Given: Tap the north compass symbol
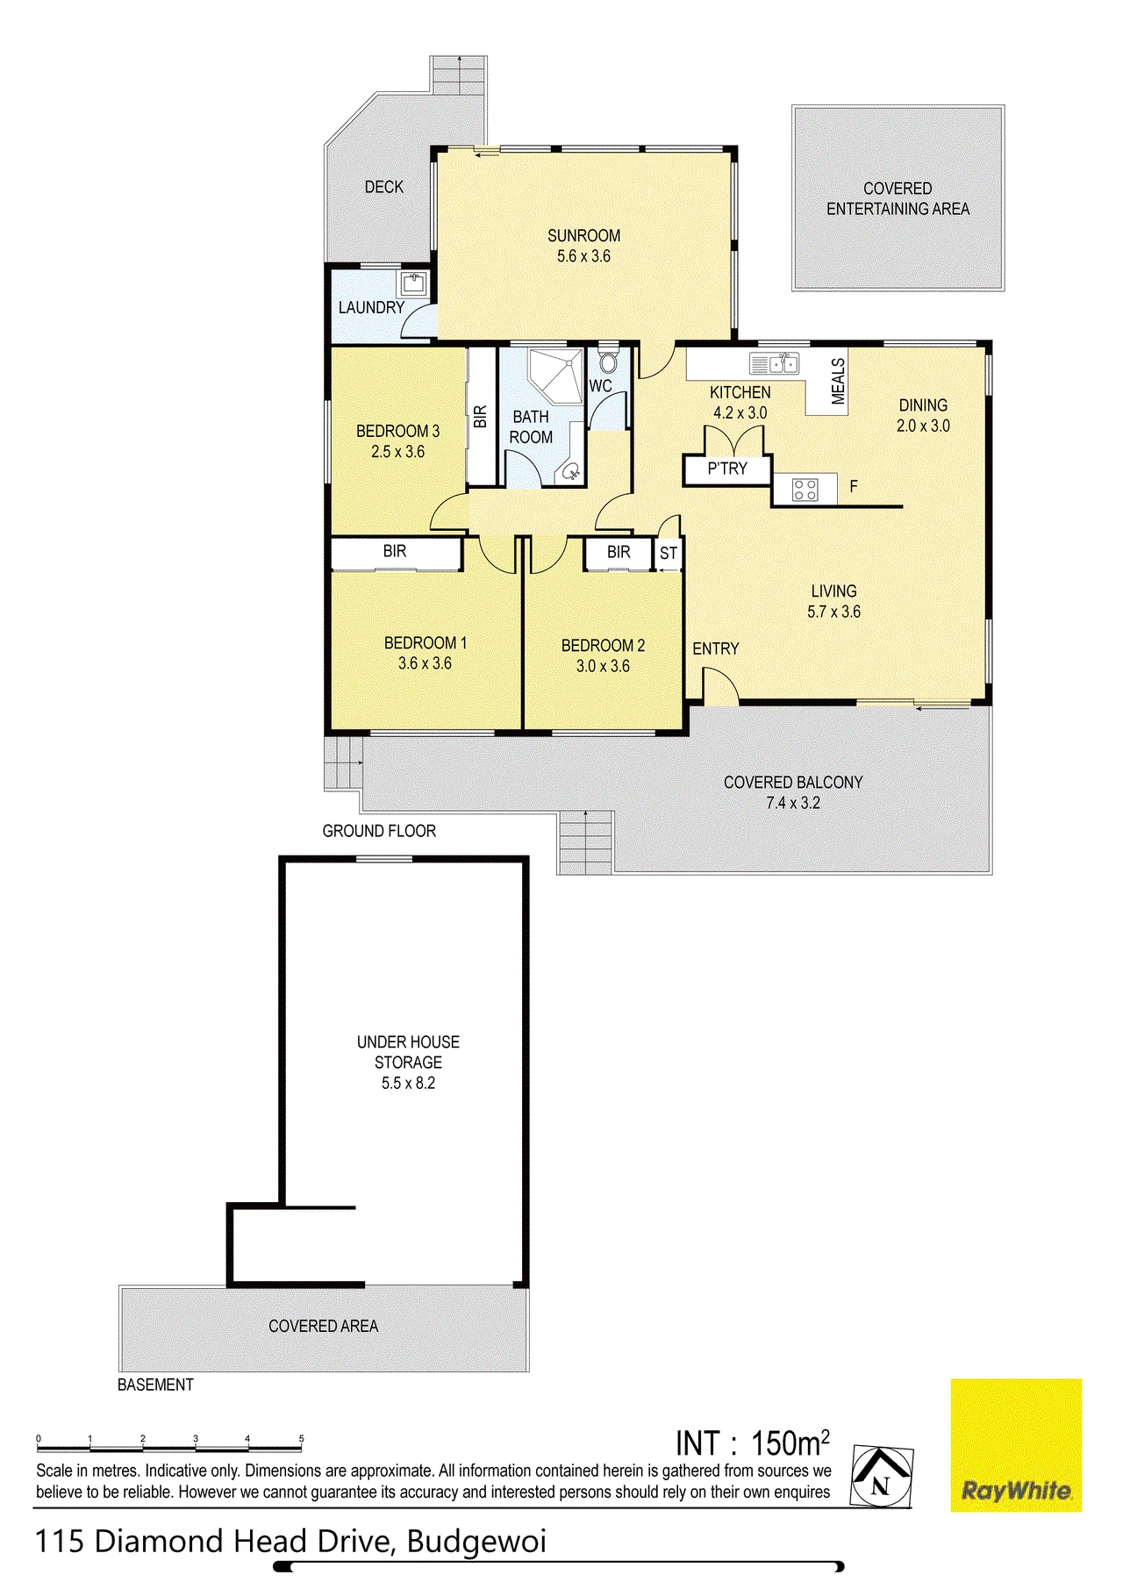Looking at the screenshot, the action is (x=882, y=1478).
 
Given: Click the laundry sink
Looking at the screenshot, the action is (x=413, y=283).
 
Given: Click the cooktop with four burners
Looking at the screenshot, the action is (x=805, y=489).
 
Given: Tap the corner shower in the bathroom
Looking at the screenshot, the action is (x=556, y=375).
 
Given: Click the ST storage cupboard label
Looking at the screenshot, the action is (x=669, y=554).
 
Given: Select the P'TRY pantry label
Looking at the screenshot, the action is (x=727, y=469).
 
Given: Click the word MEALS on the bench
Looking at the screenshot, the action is (x=838, y=381).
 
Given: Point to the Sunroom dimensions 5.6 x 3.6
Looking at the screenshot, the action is (x=583, y=256).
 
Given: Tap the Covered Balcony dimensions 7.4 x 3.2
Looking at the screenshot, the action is (x=793, y=803).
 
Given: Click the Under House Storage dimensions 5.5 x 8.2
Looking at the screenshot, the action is (x=408, y=1083).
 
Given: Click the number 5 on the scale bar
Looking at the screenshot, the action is (x=301, y=1439).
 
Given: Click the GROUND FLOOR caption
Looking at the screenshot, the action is (x=379, y=831).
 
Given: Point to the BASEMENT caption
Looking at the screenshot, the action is (x=155, y=1385).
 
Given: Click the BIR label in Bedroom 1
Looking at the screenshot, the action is (x=395, y=551).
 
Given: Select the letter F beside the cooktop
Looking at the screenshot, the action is (x=854, y=486).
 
